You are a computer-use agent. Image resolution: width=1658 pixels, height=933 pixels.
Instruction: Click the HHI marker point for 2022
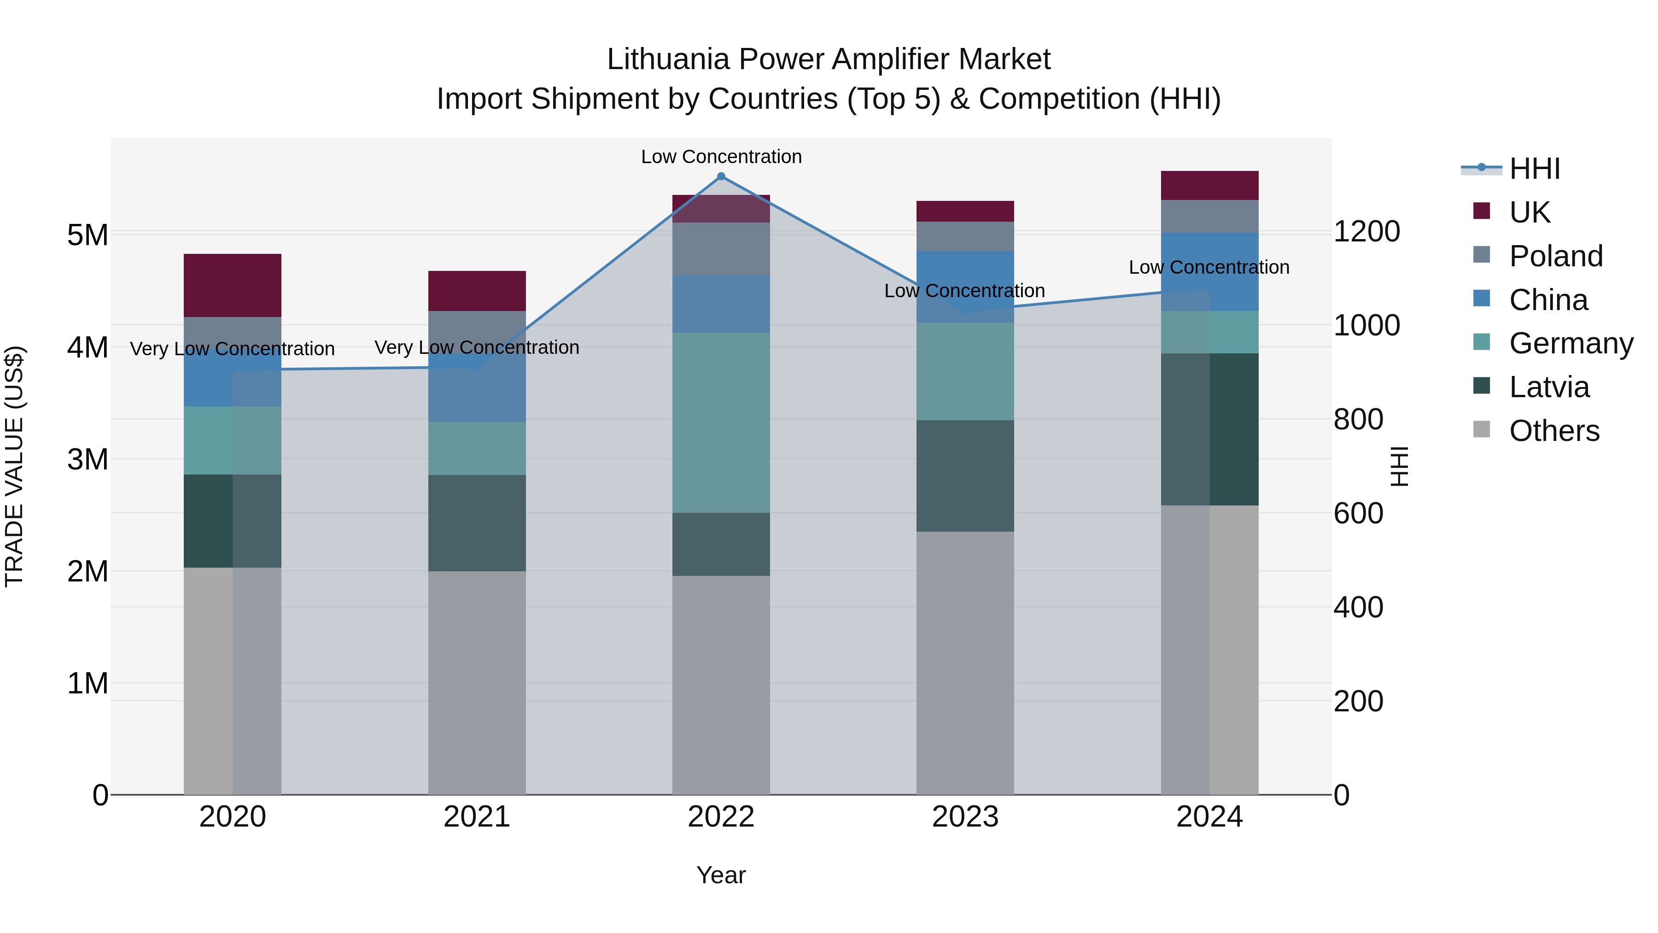tap(721, 176)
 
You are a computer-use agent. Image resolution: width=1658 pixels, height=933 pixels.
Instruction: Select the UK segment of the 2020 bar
tap(233, 285)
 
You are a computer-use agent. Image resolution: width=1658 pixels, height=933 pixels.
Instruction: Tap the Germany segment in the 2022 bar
tap(721, 422)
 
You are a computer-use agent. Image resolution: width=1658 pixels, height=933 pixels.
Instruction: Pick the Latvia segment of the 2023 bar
tap(965, 476)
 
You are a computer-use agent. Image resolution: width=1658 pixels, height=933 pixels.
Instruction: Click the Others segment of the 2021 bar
tap(477, 682)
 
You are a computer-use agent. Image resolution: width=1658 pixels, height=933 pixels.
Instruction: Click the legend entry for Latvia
tap(1548, 387)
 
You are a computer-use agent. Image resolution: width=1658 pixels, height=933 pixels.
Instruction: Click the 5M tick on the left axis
tap(88, 235)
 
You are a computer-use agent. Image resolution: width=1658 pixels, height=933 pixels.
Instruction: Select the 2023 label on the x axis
tap(965, 816)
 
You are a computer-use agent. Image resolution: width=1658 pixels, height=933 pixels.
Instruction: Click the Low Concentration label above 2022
tap(721, 157)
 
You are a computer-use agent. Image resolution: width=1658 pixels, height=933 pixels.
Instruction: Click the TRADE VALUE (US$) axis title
tap(14, 466)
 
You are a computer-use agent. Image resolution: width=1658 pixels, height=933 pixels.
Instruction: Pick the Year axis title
tap(721, 875)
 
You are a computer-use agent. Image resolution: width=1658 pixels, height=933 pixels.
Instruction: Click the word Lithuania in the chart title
tap(667, 59)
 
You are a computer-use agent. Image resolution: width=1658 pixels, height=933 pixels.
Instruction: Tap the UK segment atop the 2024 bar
tap(1209, 185)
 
